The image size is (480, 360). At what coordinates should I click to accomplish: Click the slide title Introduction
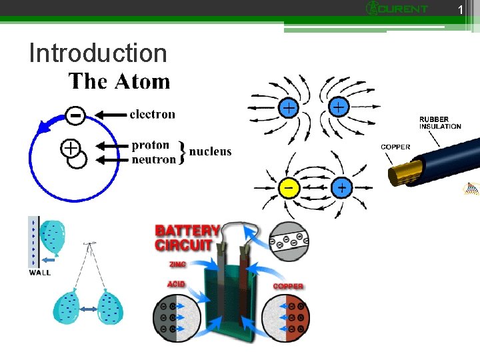pos(97,53)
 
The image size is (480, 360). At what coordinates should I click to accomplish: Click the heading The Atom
pos(119,82)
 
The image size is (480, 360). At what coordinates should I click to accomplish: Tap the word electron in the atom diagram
pos(152,115)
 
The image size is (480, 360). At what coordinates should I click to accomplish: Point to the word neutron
pos(154,159)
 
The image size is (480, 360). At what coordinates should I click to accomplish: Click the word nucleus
pos(211,151)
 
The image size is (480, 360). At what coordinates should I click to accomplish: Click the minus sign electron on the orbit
pos(76,116)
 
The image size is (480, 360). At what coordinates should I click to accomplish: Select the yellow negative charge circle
pos(288,188)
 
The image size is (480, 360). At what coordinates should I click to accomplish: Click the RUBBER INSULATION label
pos(440,123)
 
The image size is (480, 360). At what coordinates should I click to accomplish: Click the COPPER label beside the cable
pos(395,147)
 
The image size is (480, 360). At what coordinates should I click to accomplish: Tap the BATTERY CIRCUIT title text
pos(187,237)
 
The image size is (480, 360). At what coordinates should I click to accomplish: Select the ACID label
pos(175,283)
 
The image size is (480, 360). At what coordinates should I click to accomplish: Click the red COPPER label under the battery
pos(288,287)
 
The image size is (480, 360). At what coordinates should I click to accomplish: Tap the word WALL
pos(39,272)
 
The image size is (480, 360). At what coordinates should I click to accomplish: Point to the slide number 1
pos(459,9)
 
